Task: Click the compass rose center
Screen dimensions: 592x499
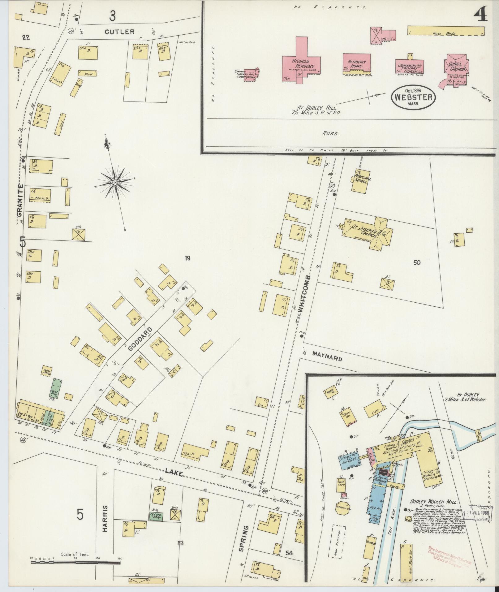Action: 115,183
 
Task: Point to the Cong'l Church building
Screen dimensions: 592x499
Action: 457,67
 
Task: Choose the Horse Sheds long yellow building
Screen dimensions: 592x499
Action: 445,31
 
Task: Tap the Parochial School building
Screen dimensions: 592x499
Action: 360,181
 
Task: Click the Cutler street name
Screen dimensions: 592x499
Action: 119,32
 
